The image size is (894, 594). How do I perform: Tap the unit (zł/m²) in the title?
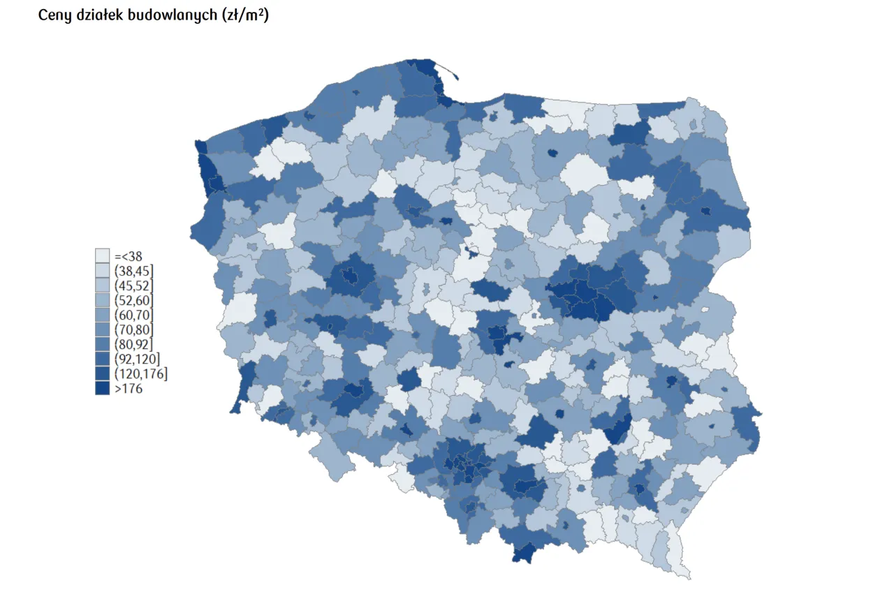coord(244,15)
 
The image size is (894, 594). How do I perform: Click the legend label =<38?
coord(129,256)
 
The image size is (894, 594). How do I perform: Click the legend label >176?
coord(129,389)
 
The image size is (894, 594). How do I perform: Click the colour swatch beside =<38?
coord(103,255)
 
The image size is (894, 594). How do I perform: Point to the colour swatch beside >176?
coord(103,389)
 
